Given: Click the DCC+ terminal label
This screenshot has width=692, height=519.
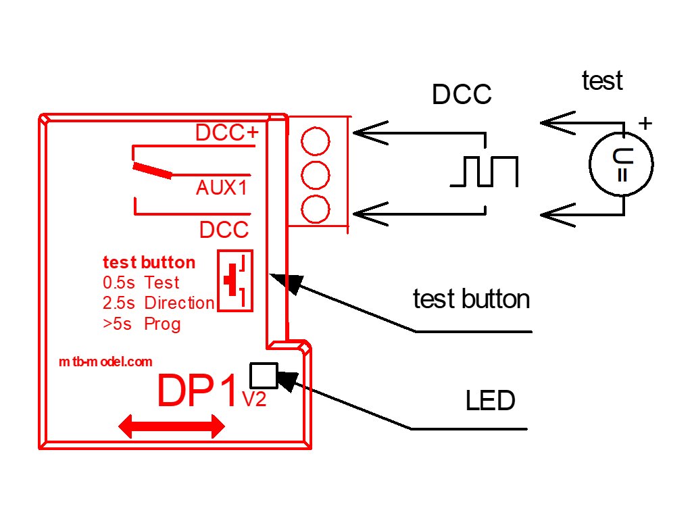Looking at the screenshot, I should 226,133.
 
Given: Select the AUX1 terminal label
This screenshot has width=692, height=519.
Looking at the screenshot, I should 221,188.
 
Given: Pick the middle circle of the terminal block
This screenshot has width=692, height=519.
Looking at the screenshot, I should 316,176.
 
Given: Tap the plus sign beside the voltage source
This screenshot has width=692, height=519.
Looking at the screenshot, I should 646,124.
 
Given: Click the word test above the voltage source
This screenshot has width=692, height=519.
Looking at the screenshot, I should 602,81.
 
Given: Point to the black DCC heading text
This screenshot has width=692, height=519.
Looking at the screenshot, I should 462,95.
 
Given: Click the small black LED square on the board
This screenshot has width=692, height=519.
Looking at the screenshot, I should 264,374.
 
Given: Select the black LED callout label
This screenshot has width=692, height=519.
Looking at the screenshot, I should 490,401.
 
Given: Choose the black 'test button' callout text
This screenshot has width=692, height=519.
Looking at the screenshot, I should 471,299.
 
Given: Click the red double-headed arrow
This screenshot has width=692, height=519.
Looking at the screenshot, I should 171,426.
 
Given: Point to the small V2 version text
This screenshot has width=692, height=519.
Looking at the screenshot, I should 254,400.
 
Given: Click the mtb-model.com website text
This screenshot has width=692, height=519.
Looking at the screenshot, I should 105,362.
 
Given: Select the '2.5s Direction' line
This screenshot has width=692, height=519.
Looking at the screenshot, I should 158,303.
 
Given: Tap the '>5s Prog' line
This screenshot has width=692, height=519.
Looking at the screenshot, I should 142,324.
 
